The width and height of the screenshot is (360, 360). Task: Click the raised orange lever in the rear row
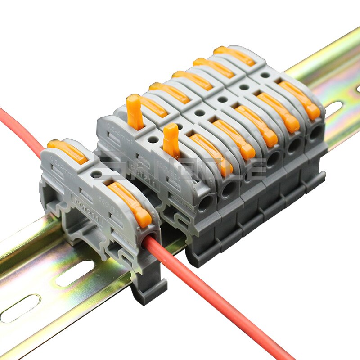pyautogui.click(x=134, y=111)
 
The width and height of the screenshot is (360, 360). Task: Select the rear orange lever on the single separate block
pyautogui.click(x=67, y=151)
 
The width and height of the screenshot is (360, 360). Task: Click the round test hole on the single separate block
pyautogui.click(x=97, y=173)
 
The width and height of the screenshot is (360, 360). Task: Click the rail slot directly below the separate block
pyautogui.click(x=74, y=274)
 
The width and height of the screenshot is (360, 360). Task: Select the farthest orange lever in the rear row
pyautogui.click(x=234, y=55)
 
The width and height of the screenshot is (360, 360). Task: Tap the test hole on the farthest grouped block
pyautogui.click(x=265, y=75)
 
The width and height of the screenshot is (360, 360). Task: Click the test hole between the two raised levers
pyautogui.click(x=153, y=139)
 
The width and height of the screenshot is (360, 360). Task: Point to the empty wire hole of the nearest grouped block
pyautogui.click(x=205, y=203)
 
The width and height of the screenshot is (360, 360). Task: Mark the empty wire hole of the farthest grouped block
pyautogui.click(x=315, y=133)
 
